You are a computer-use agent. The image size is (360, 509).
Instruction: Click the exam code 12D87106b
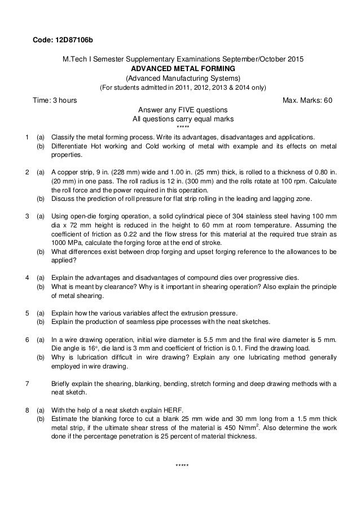tap(73, 40)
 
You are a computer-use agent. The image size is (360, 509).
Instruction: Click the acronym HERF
tap(160, 419)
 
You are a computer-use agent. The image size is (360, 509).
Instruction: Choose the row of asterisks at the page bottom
tap(182, 465)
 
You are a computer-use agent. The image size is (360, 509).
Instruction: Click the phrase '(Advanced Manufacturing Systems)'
tap(182, 77)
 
